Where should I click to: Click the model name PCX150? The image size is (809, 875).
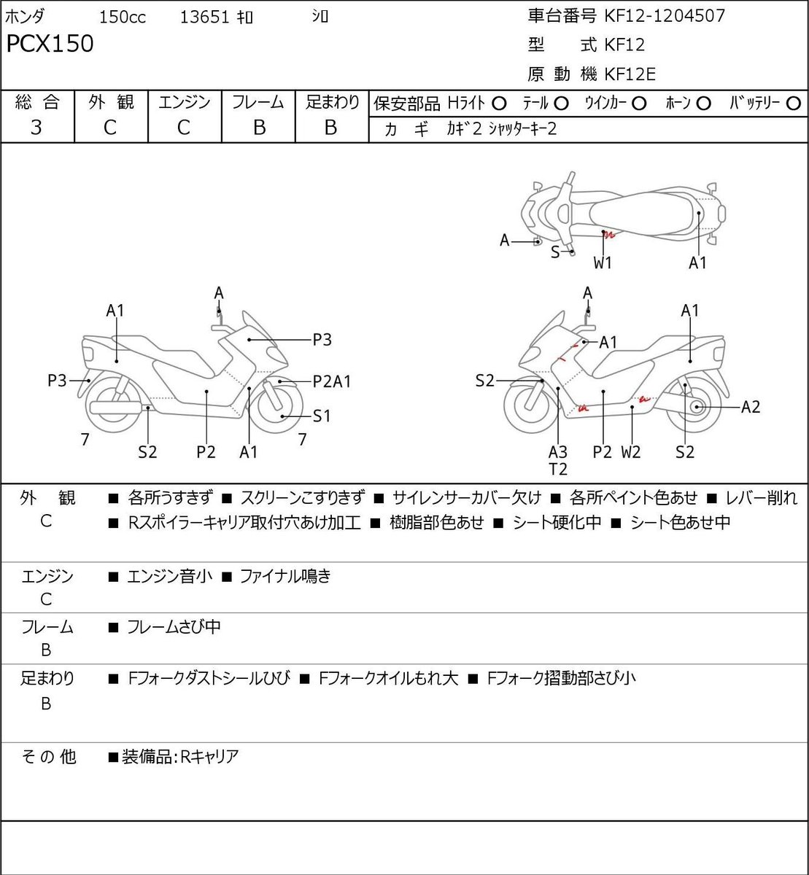pyautogui.click(x=50, y=44)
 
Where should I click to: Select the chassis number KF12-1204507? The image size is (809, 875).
pyautogui.click(x=665, y=16)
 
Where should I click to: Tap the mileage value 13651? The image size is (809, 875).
pyautogui.click(x=204, y=17)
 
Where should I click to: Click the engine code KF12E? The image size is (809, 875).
pyautogui.click(x=630, y=74)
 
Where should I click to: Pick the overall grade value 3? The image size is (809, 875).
pyautogui.click(x=36, y=128)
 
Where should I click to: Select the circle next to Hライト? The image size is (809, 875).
pyautogui.click(x=499, y=104)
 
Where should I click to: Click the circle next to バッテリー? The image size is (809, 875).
pyautogui.click(x=793, y=104)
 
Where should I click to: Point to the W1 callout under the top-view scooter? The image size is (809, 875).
pyautogui.click(x=603, y=263)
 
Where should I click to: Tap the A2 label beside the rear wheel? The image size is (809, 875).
pyautogui.click(x=751, y=407)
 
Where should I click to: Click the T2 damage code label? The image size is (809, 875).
pyautogui.click(x=558, y=470)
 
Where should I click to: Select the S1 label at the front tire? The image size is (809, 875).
pyautogui.click(x=322, y=416)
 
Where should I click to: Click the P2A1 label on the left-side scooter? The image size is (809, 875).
pyautogui.click(x=331, y=381)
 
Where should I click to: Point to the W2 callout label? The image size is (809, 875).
pyautogui.click(x=631, y=452)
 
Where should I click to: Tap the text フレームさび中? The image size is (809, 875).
pyautogui.click(x=174, y=627)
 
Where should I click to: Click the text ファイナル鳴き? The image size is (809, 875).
pyautogui.click(x=284, y=576)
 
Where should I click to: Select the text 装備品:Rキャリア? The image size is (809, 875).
pyautogui.click(x=180, y=757)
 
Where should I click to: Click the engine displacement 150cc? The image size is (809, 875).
pyautogui.click(x=123, y=17)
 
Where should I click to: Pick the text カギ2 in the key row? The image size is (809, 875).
pyautogui.click(x=464, y=129)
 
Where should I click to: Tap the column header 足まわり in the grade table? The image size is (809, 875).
pyautogui.click(x=333, y=102)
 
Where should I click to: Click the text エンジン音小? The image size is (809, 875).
pyautogui.click(x=169, y=576)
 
